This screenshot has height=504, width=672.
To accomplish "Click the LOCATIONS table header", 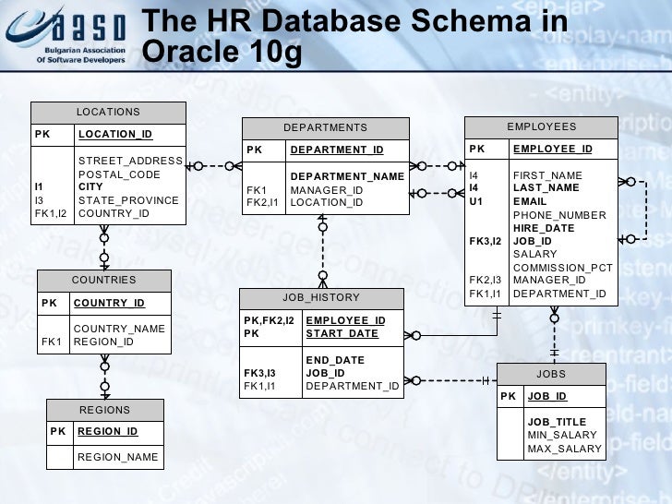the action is (108, 112).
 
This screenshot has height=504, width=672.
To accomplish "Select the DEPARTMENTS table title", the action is (325, 127).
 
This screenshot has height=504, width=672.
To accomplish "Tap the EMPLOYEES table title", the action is (541, 126).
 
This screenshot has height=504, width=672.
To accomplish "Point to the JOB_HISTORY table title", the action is (321, 298).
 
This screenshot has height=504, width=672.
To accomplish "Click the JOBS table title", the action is (551, 374).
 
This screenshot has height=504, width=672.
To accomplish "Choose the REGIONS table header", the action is (104, 410).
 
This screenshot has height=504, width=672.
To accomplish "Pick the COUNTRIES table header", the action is (103, 280).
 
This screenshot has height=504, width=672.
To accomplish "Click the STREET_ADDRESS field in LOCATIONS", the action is (130, 161).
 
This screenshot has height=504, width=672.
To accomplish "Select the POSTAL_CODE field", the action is (119, 174).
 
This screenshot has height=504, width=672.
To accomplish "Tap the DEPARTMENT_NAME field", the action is (347, 176).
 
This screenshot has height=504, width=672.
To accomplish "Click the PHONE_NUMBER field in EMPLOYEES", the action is (559, 215).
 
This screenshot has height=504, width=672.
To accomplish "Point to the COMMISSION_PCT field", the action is (563, 268).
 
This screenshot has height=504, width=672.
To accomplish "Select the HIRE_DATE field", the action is (544, 228).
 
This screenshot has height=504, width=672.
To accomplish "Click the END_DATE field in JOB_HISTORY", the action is (335, 360).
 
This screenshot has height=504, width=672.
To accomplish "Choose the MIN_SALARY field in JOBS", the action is (562, 435).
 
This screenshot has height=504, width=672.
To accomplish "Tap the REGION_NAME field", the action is (117, 457).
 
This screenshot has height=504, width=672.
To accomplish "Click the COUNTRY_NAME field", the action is (119, 329).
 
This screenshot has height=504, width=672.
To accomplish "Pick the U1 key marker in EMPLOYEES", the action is (476, 201).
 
